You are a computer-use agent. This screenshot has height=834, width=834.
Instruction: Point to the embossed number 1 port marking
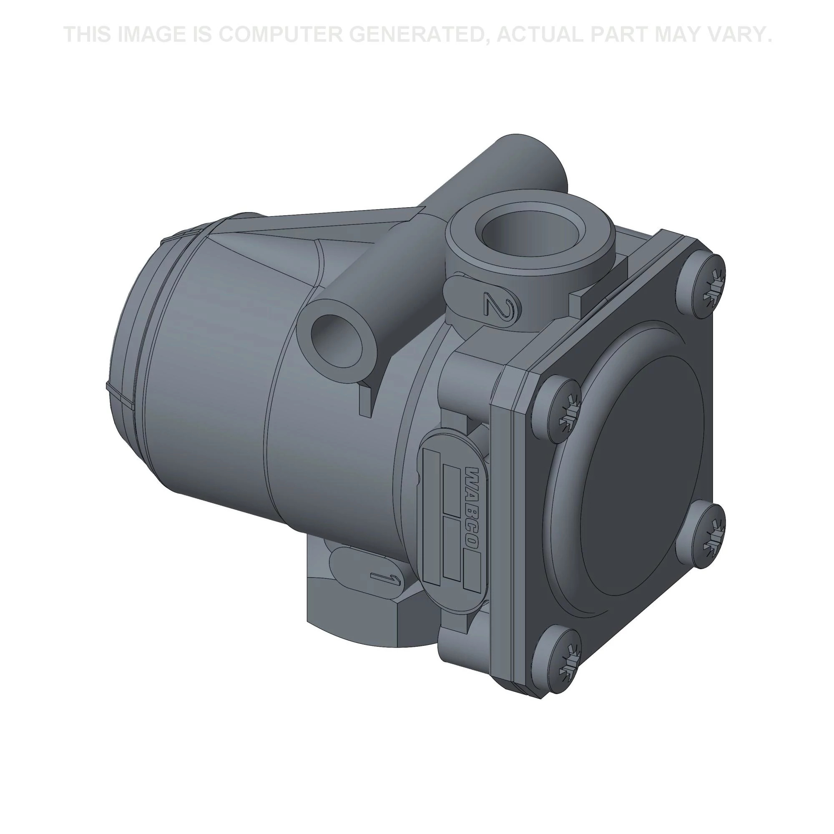pyautogui.click(x=385, y=578)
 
